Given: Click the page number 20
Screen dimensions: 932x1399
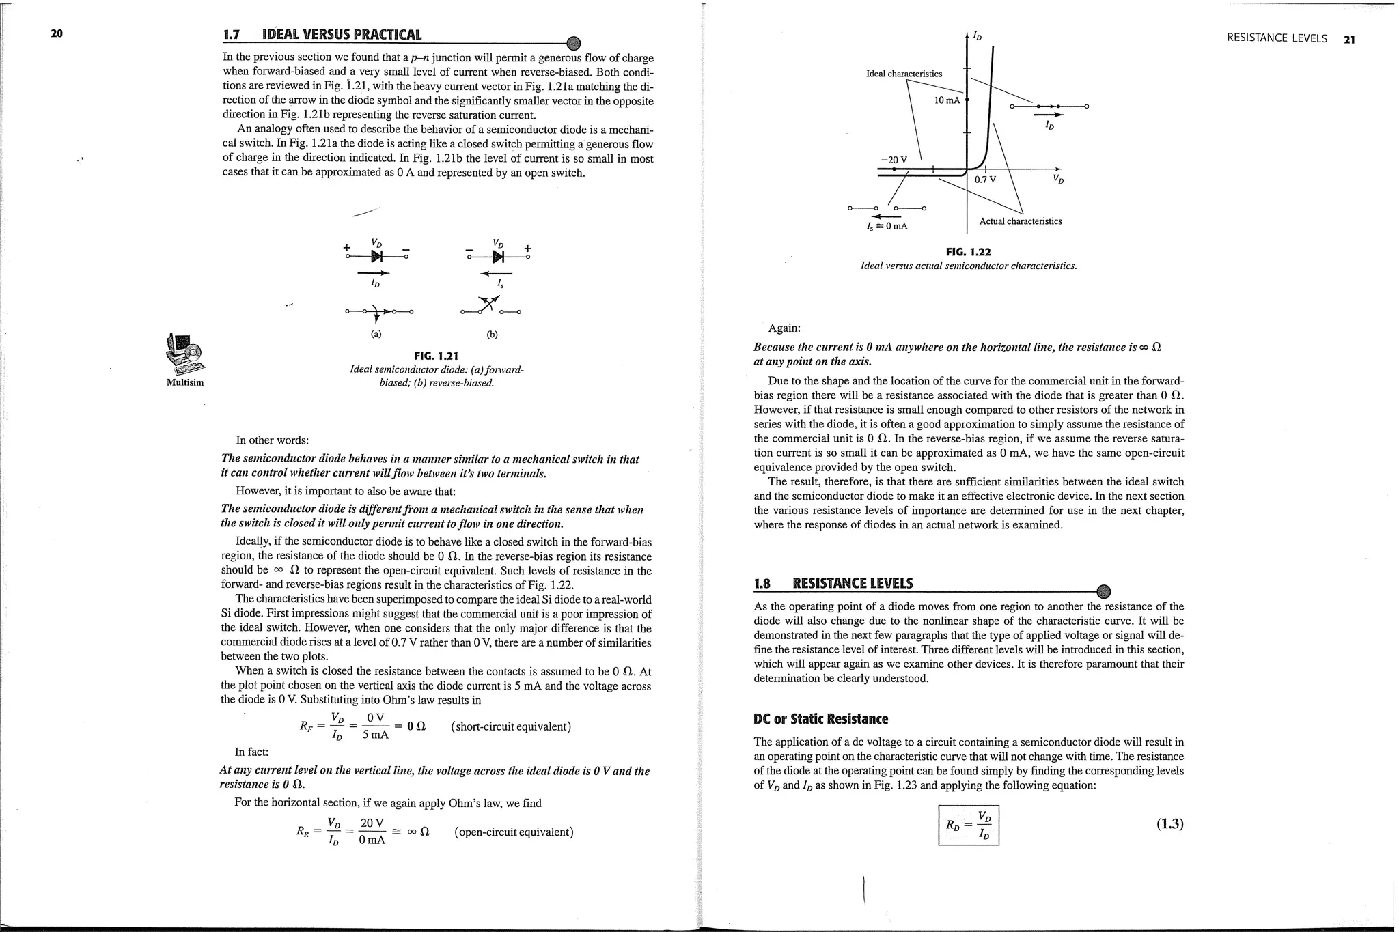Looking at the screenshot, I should (x=57, y=33).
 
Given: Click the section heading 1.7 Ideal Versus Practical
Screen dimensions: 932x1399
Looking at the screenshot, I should (x=322, y=35).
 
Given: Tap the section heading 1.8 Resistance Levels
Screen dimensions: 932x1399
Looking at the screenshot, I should (x=833, y=583).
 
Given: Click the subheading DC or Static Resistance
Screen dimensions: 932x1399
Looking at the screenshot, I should (x=820, y=719).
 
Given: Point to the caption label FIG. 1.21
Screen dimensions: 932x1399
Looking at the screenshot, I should (x=436, y=356).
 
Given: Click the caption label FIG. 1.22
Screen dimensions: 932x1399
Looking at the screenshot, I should (x=968, y=252).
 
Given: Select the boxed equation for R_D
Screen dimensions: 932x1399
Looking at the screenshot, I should (x=969, y=825).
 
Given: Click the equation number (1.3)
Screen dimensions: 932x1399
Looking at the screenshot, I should (x=1169, y=823).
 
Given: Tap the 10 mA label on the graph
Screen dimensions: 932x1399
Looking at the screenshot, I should (x=946, y=100).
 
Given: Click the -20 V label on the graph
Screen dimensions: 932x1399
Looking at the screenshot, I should (x=894, y=160).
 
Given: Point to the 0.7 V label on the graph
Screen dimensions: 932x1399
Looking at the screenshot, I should (x=985, y=180).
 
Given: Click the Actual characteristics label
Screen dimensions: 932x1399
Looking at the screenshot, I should (x=1020, y=221).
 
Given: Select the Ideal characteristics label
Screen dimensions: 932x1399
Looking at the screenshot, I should (x=903, y=74).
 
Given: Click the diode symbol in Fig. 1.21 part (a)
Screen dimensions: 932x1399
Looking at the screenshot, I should (x=376, y=256).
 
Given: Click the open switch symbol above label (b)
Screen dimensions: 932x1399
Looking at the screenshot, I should (x=490, y=307).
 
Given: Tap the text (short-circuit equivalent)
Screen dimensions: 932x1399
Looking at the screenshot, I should (x=511, y=726).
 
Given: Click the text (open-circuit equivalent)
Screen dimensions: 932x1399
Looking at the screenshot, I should (x=513, y=832).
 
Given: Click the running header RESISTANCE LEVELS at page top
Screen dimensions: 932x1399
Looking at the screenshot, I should (x=1276, y=39).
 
